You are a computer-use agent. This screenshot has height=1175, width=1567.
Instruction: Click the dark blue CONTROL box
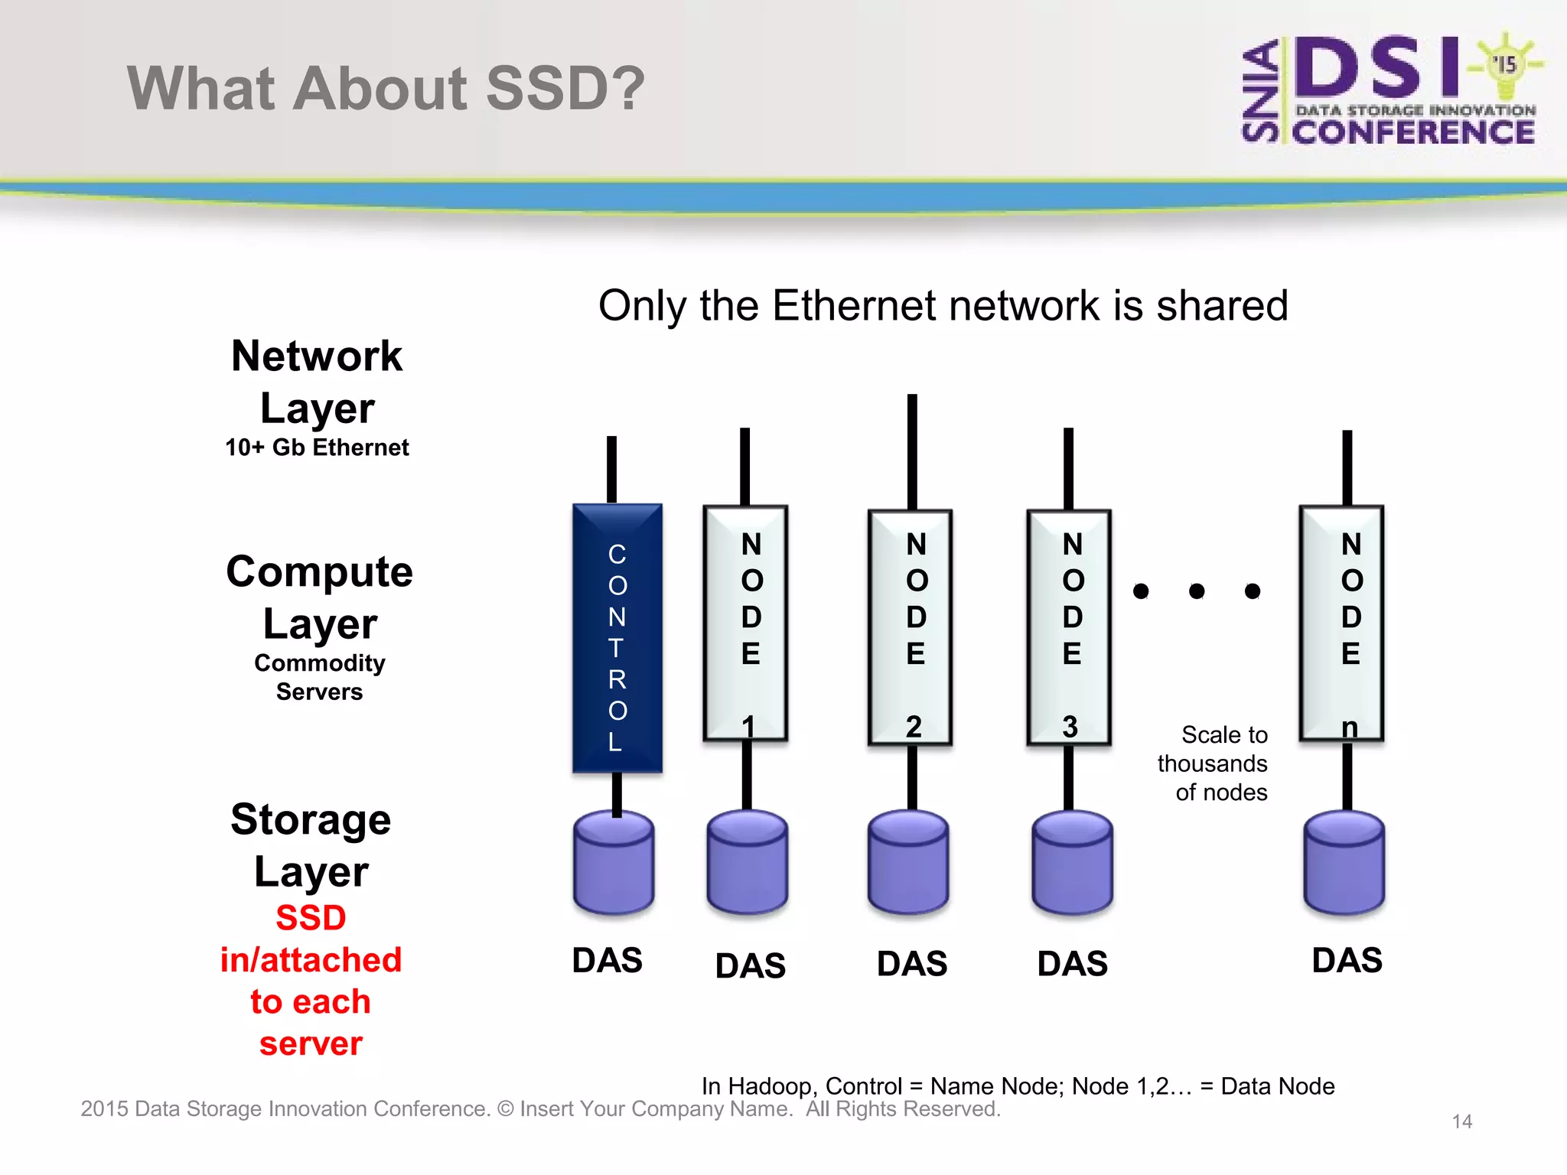[x=617, y=637]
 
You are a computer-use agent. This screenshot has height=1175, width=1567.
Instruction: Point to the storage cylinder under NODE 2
[x=908, y=863]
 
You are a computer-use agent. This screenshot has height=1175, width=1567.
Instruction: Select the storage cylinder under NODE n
[x=1344, y=863]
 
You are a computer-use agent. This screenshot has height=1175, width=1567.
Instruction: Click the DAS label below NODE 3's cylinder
[x=1072, y=963]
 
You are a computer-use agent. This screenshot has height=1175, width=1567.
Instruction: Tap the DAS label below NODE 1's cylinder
[x=750, y=965]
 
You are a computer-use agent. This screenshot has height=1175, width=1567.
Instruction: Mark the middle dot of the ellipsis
[x=1197, y=591]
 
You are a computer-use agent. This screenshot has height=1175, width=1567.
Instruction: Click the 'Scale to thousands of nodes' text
[x=1213, y=763]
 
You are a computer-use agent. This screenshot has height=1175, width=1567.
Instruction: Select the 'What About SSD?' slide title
[x=386, y=88]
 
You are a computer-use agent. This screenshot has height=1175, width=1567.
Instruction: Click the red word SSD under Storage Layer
[x=311, y=917]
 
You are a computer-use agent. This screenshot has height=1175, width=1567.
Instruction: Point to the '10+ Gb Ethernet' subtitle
[x=317, y=448]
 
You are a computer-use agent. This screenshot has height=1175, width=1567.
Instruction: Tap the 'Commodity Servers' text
[x=319, y=677]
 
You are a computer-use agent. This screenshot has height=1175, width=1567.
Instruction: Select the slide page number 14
[x=1461, y=1121]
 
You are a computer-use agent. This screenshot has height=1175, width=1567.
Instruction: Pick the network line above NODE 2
[x=912, y=451]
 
